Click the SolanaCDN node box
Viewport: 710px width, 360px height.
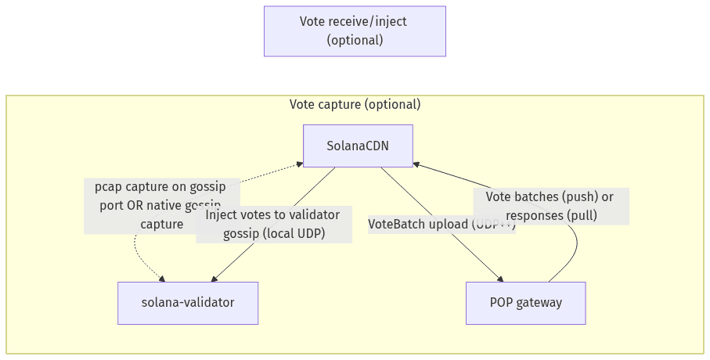(358, 146)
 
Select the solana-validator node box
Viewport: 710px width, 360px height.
(188, 303)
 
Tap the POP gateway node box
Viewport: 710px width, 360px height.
(525, 303)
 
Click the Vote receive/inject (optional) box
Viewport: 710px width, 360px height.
(355, 31)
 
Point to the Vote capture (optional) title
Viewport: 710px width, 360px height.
(355, 105)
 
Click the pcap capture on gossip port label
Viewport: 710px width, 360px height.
(160, 205)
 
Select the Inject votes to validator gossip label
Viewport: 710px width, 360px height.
(272, 224)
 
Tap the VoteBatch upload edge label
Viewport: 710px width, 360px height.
(441, 224)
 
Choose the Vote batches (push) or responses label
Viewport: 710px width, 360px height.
(550, 206)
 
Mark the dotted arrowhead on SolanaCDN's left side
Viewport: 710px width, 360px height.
(300, 164)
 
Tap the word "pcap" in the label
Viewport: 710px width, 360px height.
(110, 187)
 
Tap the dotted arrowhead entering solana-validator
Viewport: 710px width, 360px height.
(162, 278)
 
